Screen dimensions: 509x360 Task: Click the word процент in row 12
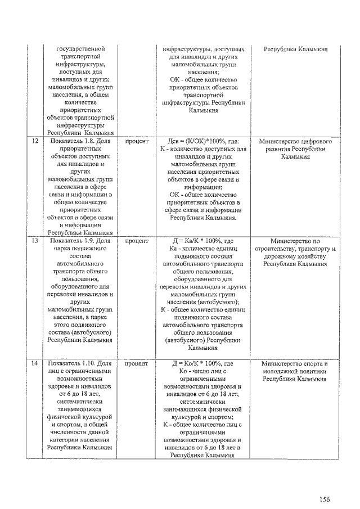pos(136,142)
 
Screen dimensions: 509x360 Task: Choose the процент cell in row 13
pos(136,241)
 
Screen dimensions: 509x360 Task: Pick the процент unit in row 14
pos(136,364)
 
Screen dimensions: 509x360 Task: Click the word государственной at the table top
pos(82,49)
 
